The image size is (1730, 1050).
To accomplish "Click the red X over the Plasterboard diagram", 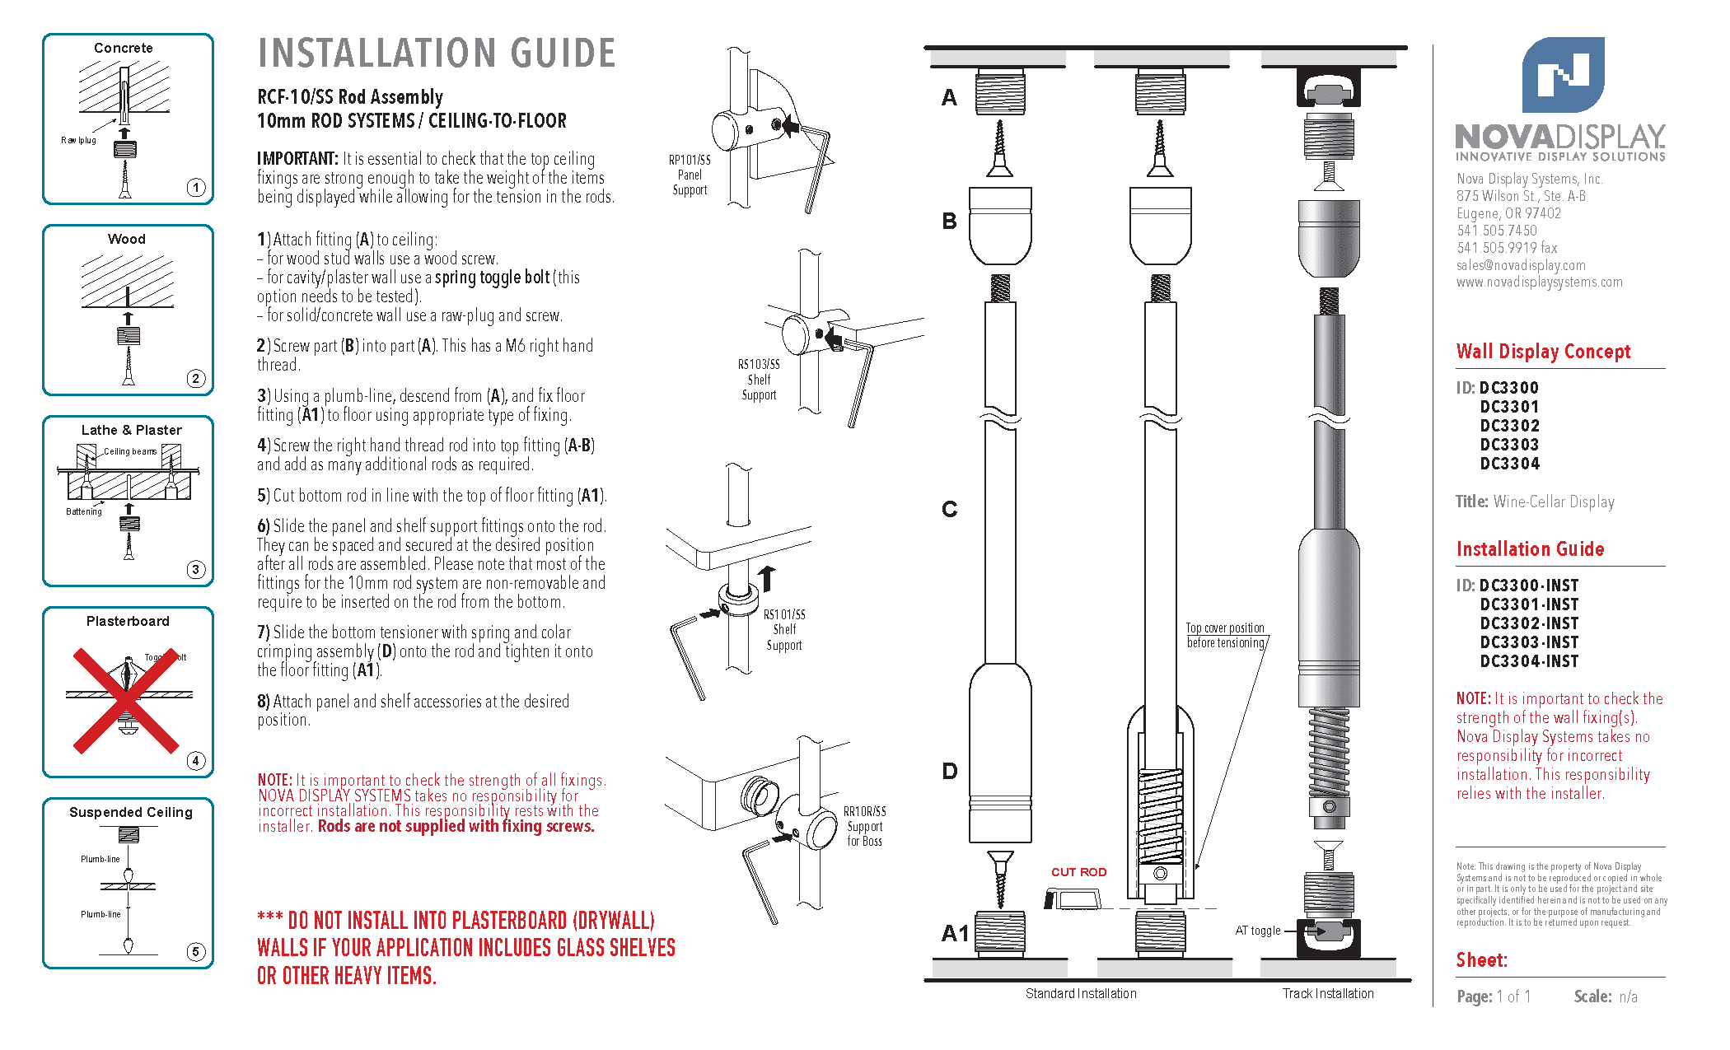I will tap(126, 701).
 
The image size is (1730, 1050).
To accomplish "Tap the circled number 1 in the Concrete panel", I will tap(195, 188).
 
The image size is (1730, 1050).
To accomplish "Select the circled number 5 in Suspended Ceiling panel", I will tap(195, 952).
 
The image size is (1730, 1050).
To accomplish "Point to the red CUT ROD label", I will tap(1078, 872).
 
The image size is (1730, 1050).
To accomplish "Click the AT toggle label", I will tap(1257, 931).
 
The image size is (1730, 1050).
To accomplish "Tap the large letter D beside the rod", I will tap(950, 772).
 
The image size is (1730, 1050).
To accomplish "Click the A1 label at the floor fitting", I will tap(956, 934).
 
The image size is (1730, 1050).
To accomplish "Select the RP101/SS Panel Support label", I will tap(690, 175).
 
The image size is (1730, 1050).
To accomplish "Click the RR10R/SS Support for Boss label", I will tap(865, 826).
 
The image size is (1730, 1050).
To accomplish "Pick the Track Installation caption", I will tap(1328, 994).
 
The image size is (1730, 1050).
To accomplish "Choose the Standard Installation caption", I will tap(1081, 994).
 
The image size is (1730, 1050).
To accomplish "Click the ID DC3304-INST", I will tap(1529, 661).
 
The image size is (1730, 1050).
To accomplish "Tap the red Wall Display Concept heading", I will tap(1543, 352).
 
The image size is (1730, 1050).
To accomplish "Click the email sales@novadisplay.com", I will tap(1521, 265).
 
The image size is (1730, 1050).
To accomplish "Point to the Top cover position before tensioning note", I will tap(1225, 635).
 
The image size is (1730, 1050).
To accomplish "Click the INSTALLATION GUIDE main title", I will tap(437, 54).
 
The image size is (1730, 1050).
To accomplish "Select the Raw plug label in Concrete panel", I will tap(78, 140).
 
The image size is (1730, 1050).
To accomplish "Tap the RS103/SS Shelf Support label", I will tap(759, 380).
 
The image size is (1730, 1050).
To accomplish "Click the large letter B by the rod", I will tap(950, 222).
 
